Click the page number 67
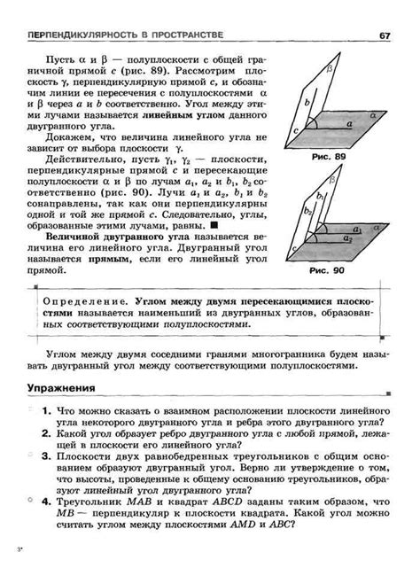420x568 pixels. pos(385,35)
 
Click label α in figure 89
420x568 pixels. pos(373,115)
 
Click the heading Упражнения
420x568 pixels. pos(61,387)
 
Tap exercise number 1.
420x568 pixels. pos(43,412)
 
